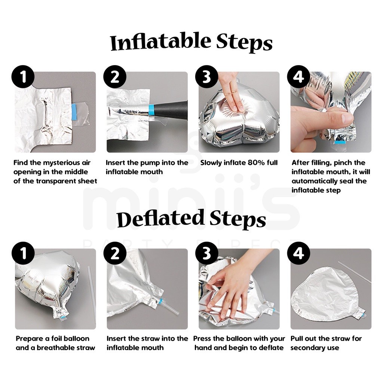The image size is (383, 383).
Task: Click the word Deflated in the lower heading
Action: pyautogui.click(x=160, y=218)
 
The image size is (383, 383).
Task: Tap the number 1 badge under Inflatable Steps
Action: pyautogui.click(x=23, y=77)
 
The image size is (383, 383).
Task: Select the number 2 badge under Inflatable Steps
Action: pyautogui.click(x=115, y=77)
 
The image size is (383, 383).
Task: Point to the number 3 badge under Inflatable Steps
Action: pyautogui.click(x=206, y=77)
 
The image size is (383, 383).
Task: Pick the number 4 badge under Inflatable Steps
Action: pyautogui.click(x=298, y=77)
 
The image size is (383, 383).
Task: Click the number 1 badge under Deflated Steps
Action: pyautogui.click(x=23, y=253)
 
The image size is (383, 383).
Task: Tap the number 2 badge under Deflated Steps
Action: pyautogui.click(x=115, y=253)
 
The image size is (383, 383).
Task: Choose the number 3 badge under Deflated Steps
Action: pyautogui.click(x=206, y=253)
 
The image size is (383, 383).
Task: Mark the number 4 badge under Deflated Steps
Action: pyautogui.click(x=298, y=253)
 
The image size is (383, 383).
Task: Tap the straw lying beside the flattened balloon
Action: pyautogui.click(x=355, y=272)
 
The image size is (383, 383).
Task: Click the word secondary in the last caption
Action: pyautogui.click(x=308, y=348)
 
